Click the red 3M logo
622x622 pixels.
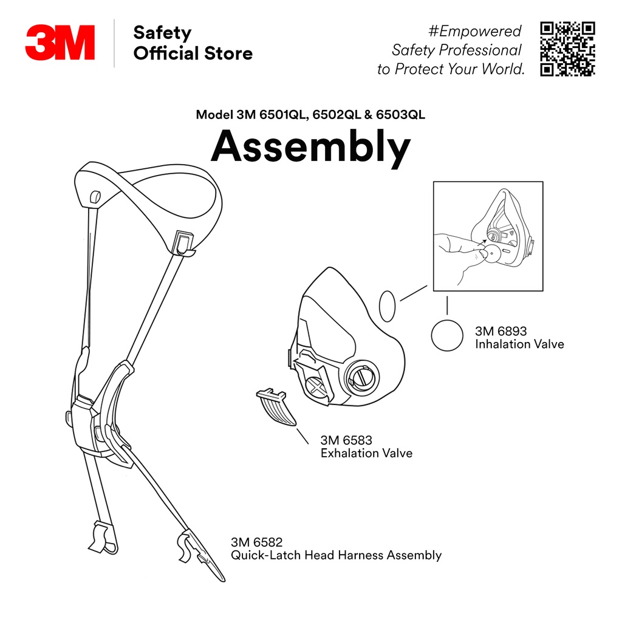pyautogui.click(x=60, y=43)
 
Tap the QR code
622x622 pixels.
pyautogui.click(x=567, y=49)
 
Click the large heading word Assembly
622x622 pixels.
pyautogui.click(x=310, y=147)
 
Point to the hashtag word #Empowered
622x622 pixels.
pyautogui.click(x=475, y=31)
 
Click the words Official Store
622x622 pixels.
pyautogui.click(x=193, y=53)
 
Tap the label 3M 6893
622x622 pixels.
pyautogui.click(x=501, y=332)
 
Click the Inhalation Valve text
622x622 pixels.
pyautogui.click(x=519, y=344)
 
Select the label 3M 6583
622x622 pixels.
pyautogui.click(x=346, y=440)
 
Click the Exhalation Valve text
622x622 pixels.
pyautogui.click(x=366, y=453)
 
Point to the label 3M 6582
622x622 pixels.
pyautogui.click(x=256, y=542)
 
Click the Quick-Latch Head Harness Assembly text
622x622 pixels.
pyautogui.click(x=336, y=555)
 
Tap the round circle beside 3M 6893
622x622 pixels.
pyautogui.click(x=447, y=335)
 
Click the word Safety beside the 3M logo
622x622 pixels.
pyautogui.click(x=162, y=32)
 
